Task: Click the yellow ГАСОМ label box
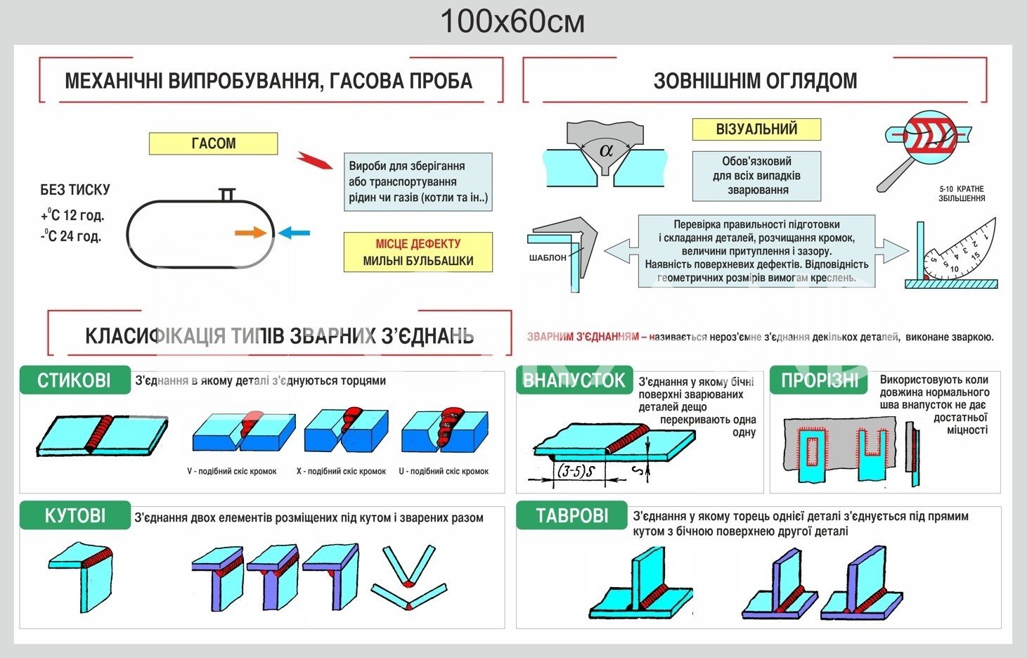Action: pos(213,143)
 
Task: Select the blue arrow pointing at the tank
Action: pos(294,233)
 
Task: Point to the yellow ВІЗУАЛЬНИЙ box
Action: pos(756,129)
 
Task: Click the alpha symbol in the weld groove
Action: pos(606,149)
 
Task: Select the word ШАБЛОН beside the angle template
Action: pos(548,257)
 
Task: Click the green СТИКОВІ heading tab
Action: pos(75,380)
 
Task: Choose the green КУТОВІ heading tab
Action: pos(75,515)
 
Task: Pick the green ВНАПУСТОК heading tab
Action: pos(574,380)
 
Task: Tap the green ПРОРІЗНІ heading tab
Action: pos(819,380)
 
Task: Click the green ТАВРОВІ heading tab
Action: pos(571,515)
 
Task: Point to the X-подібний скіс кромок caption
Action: pos(341,471)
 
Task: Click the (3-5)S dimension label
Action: pos(576,472)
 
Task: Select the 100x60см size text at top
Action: pos(512,22)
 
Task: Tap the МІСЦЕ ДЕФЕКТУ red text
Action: pos(418,244)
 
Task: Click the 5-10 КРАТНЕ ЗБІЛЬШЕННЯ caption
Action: pos(961,194)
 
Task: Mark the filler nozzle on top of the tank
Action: pos(226,194)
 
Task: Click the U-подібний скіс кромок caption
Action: pos(444,471)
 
